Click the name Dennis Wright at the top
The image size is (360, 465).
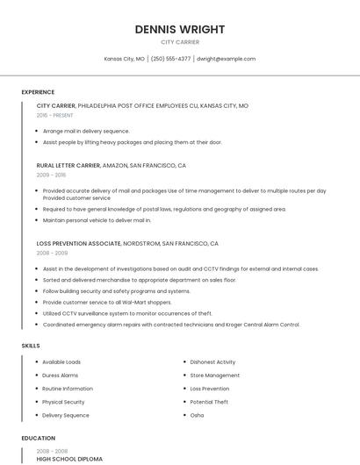[180, 29]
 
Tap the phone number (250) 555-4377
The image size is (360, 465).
[170, 59]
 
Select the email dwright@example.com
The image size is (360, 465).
[226, 59]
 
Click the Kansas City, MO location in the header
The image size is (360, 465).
[125, 59]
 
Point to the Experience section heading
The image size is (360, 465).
[38, 92]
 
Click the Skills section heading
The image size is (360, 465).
[31, 346]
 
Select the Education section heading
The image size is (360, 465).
[39, 438]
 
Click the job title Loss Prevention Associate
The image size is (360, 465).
[78, 243]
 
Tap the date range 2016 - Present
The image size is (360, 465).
[55, 115]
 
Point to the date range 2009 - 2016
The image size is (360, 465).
[50, 175]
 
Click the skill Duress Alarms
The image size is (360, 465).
[60, 375]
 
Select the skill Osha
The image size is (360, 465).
[197, 415]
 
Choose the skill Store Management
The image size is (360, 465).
[214, 375]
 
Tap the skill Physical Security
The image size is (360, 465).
[63, 402]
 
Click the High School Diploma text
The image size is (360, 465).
[69, 459]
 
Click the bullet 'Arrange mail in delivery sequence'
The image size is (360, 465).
[86, 131]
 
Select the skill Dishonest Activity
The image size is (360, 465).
[212, 361]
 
